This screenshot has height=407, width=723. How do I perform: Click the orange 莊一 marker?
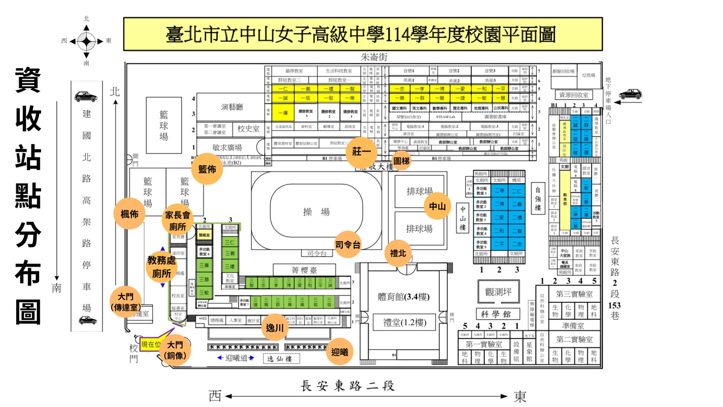[x=361, y=151]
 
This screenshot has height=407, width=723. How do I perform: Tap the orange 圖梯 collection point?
[x=401, y=161]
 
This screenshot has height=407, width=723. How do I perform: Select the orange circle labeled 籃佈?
[x=207, y=169]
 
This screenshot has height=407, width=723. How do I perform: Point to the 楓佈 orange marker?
[x=129, y=214]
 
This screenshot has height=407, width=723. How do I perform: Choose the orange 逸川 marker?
[x=275, y=328]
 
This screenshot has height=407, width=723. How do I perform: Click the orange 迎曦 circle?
[x=339, y=352]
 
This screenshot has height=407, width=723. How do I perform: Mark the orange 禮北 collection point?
[x=398, y=253]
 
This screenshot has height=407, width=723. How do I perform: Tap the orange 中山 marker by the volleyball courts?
[x=437, y=206]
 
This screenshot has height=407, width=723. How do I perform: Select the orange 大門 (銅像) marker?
[x=175, y=350]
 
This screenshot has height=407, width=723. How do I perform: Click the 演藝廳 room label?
[x=232, y=107]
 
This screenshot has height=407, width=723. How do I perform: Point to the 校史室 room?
[x=248, y=129]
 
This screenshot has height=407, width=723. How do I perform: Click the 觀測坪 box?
[x=498, y=292]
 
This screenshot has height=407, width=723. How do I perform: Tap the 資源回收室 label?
[x=573, y=95]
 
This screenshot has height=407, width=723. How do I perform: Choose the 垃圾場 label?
[x=588, y=75]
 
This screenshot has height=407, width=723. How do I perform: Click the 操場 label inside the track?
[x=316, y=212]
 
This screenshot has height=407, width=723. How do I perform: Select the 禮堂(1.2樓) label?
[x=405, y=323]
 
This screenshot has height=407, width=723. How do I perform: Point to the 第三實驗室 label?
[x=574, y=294]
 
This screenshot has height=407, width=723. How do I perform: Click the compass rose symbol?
[x=86, y=41]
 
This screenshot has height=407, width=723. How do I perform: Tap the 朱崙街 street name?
[x=374, y=57]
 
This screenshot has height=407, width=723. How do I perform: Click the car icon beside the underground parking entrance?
[x=630, y=94]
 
